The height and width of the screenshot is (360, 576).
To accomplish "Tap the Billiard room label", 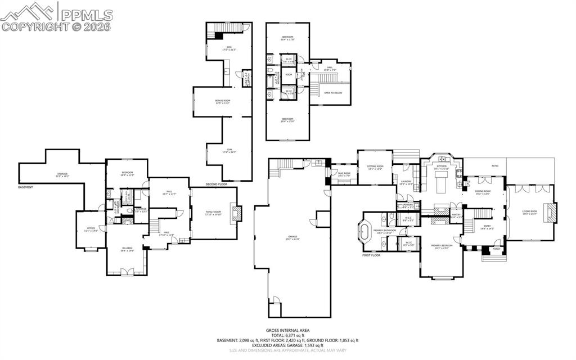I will click(127, 249).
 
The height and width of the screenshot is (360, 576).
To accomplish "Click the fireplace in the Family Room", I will click(238, 214).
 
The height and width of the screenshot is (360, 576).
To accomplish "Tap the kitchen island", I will click(441, 183).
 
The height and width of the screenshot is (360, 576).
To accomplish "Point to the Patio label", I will click(495, 166).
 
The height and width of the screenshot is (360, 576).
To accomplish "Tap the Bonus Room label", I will click(223, 102).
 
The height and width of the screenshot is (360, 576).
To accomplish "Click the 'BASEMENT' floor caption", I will click(26, 187).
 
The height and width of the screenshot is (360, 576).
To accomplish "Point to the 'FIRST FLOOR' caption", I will click(371, 255).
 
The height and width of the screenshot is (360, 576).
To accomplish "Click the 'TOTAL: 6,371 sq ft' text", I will click(287, 335).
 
